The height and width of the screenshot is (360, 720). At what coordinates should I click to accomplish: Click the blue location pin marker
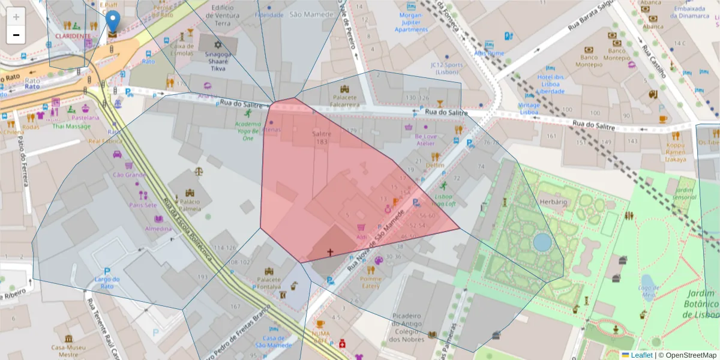click(x=112, y=22)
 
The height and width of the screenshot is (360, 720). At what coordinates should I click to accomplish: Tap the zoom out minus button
click(x=16, y=35)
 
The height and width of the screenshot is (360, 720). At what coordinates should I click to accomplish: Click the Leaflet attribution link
click(x=641, y=355)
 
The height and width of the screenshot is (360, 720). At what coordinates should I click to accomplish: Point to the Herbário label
click(x=553, y=202)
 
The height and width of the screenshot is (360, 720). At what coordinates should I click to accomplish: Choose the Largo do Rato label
click(x=107, y=282)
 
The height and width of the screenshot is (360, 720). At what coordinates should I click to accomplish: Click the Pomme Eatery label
click(x=370, y=282)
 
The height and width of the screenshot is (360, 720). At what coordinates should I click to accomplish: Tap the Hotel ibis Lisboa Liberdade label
click(x=551, y=84)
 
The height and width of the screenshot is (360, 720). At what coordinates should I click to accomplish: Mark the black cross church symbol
click(x=329, y=253)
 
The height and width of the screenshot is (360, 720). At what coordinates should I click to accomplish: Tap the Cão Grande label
click(x=129, y=175)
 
